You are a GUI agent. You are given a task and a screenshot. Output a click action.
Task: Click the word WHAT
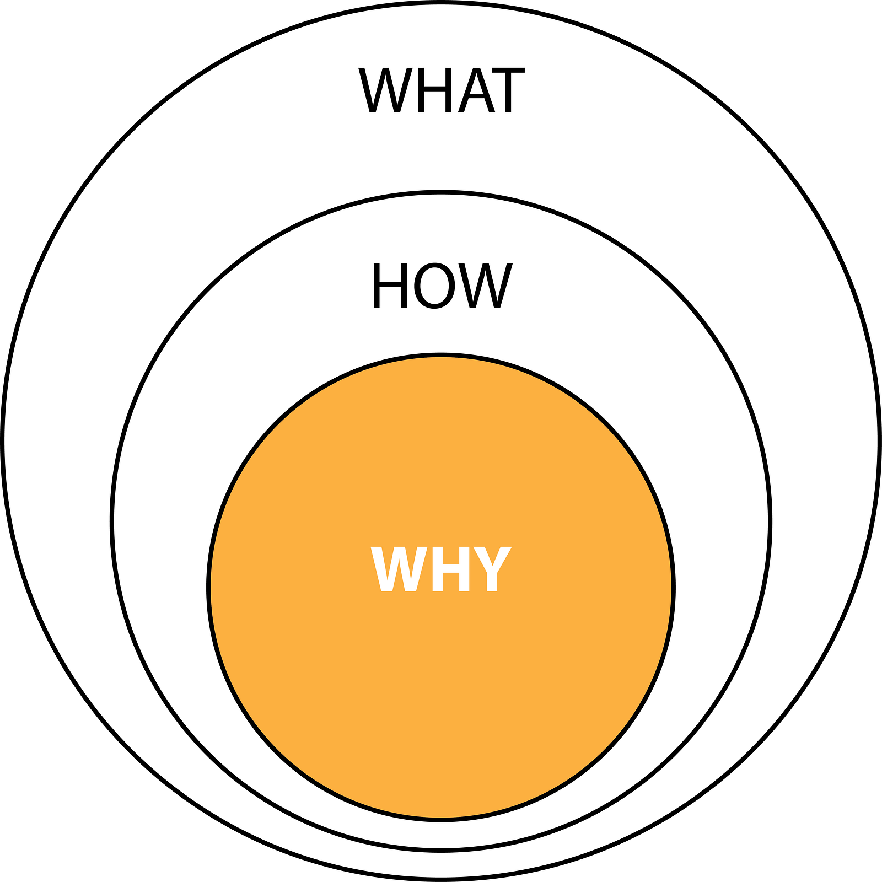(441, 90)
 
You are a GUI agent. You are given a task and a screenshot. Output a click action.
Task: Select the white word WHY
(441, 569)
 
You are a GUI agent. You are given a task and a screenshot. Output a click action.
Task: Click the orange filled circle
(441, 689)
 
